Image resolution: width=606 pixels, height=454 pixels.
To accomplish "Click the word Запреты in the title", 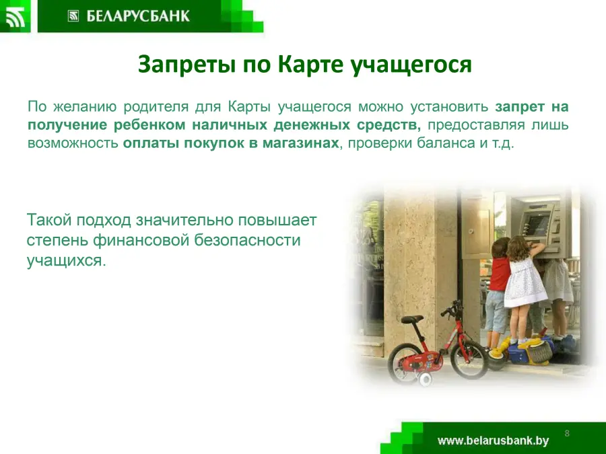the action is [187, 65].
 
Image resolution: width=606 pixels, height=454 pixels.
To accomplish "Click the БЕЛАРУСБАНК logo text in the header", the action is [138, 16].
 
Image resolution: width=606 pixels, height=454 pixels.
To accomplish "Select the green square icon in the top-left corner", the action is [15, 16].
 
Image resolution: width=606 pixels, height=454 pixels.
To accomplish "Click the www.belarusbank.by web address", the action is [493, 441].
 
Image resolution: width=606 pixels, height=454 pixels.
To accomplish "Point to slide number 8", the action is [567, 433].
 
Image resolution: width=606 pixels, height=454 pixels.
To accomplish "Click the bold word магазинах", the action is [301, 143].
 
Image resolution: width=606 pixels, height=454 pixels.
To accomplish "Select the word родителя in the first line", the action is [156, 107].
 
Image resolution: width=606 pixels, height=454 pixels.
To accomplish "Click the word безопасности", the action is [247, 240].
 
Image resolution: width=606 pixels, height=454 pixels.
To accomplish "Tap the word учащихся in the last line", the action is [66, 260].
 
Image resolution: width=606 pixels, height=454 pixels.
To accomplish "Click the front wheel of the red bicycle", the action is [469, 359].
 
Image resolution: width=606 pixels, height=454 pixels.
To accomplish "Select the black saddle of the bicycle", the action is [412, 319].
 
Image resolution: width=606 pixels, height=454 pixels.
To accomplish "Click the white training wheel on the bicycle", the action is [425, 379].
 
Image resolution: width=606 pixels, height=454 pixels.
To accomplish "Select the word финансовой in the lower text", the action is [142, 240].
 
